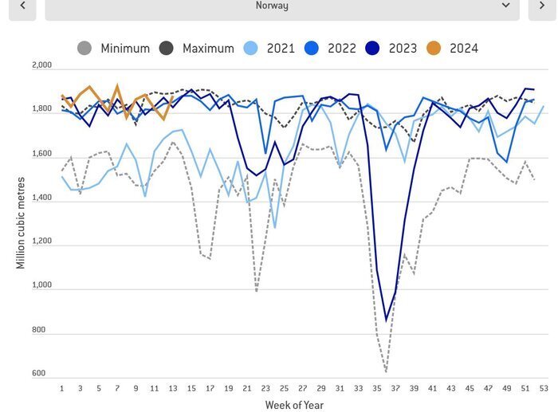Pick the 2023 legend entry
pos(402,49)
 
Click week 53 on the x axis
pos(544,388)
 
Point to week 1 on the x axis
pos(62,388)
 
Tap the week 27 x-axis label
pos(303,388)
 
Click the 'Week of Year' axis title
pos(295,404)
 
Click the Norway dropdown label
pos(272,6)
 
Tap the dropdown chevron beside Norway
pos(505,5)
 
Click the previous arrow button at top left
pos(22,5)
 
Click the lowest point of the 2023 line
pos(387,320)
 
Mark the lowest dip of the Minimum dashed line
pos(386,371)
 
